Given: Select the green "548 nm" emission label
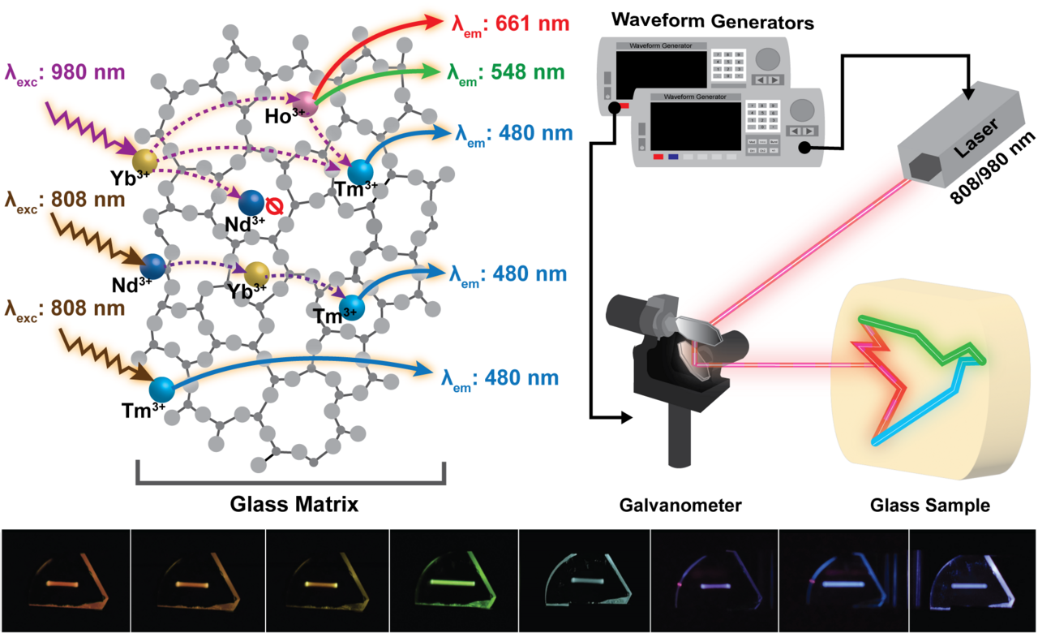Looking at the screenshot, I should [504, 72].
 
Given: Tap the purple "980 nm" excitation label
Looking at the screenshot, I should [65, 72].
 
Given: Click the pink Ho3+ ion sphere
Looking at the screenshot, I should [306, 101].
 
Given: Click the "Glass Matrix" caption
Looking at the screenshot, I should [290, 504].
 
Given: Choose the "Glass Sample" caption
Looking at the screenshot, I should [929, 506].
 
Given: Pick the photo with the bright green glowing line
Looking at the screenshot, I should [453, 581].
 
